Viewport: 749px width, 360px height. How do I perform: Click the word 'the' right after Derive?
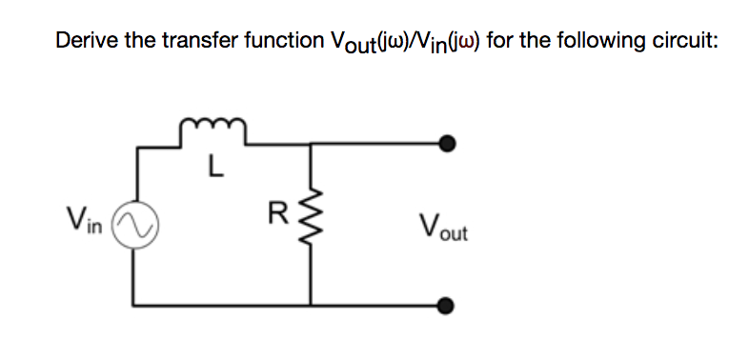(135, 41)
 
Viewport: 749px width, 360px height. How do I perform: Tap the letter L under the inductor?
(215, 171)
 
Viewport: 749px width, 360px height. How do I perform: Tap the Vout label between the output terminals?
(443, 227)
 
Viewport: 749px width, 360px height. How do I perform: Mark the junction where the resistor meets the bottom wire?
(311, 306)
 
